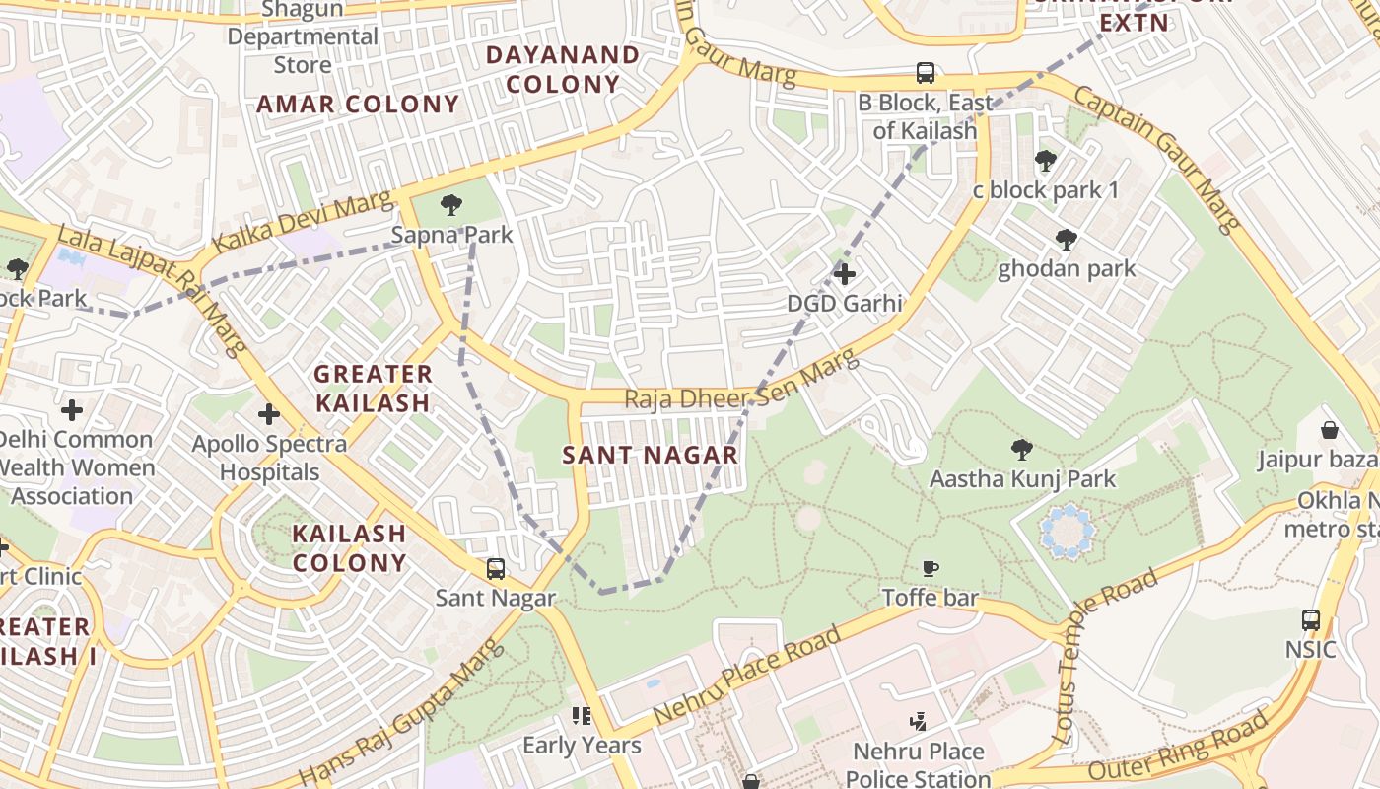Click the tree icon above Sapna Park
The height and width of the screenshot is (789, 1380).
tap(451, 205)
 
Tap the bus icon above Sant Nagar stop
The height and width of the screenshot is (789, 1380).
tap(495, 569)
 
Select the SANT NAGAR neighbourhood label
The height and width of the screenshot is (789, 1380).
tap(650, 455)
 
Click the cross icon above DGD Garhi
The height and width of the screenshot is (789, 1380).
tap(844, 273)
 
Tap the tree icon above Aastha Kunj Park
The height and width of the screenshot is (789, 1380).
tap(1022, 450)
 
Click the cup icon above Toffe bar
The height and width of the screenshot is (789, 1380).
tap(930, 568)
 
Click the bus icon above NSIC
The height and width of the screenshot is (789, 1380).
tap(1310, 620)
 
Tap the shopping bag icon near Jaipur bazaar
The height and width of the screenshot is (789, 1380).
tap(1330, 430)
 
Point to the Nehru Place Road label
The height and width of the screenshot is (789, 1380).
tap(746, 675)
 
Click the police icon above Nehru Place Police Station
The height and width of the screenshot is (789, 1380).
tap(919, 722)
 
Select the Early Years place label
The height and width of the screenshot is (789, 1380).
tap(582, 745)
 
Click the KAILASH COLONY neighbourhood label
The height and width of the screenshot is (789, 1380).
tap(349, 548)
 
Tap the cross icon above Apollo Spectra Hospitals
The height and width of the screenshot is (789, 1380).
tap(268, 414)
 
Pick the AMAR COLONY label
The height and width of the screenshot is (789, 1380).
tap(359, 105)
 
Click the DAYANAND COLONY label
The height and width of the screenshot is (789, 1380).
tap(563, 69)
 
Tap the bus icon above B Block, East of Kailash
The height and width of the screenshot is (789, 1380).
tap(925, 72)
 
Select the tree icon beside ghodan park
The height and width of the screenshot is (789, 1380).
tap(1066, 239)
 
